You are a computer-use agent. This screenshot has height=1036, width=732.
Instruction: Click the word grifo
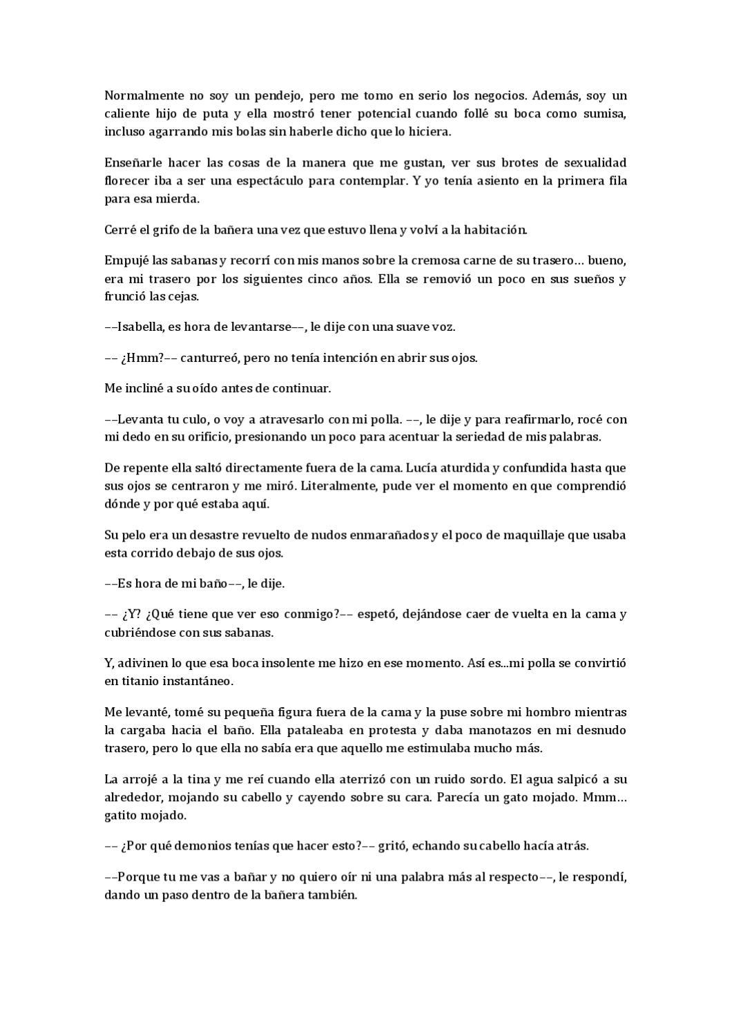click(x=161, y=230)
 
